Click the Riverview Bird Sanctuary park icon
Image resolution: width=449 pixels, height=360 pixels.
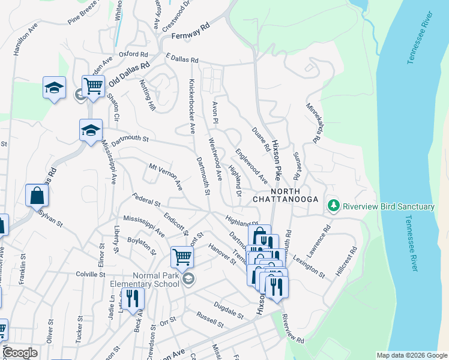[334, 206]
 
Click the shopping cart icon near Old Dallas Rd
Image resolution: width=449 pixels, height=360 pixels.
[93, 86]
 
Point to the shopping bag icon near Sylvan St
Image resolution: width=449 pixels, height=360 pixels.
[37, 195]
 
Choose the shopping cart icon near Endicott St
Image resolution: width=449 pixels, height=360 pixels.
[182, 257]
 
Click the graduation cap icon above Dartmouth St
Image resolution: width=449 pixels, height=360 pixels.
[91, 130]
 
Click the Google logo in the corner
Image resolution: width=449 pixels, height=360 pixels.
[20, 353]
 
